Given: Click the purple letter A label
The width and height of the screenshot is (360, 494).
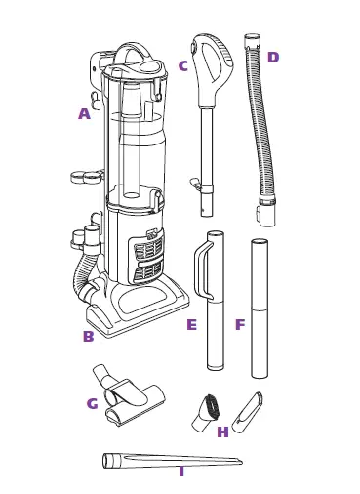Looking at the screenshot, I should click(x=84, y=114).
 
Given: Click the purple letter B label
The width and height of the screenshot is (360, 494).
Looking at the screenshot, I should click(x=88, y=337).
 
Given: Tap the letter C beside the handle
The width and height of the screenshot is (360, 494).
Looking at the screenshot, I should click(x=182, y=66).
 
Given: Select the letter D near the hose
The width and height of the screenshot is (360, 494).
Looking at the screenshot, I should click(x=272, y=58).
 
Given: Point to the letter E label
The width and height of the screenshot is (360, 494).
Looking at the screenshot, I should click(x=191, y=325).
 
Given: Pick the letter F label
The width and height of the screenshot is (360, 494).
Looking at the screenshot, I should click(x=240, y=325).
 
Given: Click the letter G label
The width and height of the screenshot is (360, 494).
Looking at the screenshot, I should click(x=92, y=404).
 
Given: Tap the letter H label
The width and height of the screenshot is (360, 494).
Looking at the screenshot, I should click(x=222, y=432).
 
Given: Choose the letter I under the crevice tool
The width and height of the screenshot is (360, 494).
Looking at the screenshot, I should click(x=180, y=472).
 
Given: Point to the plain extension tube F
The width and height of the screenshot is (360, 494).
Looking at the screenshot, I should click(x=259, y=308).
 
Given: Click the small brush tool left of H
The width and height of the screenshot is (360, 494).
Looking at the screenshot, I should click(x=207, y=409).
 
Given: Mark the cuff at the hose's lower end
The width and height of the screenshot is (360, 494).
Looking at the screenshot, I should click(x=266, y=210).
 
